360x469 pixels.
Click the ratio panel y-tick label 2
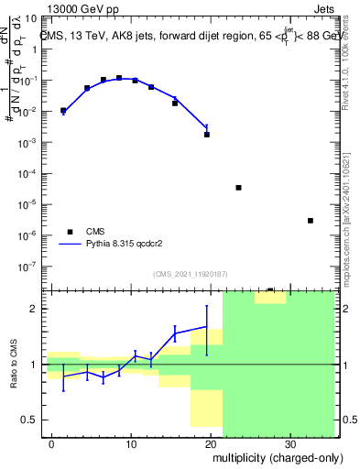36,309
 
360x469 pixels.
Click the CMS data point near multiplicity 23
238,187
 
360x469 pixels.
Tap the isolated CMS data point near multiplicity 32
311,220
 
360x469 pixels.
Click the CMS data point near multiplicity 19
207,134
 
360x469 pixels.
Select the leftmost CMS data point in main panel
63,111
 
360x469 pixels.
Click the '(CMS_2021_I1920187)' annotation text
190,273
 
